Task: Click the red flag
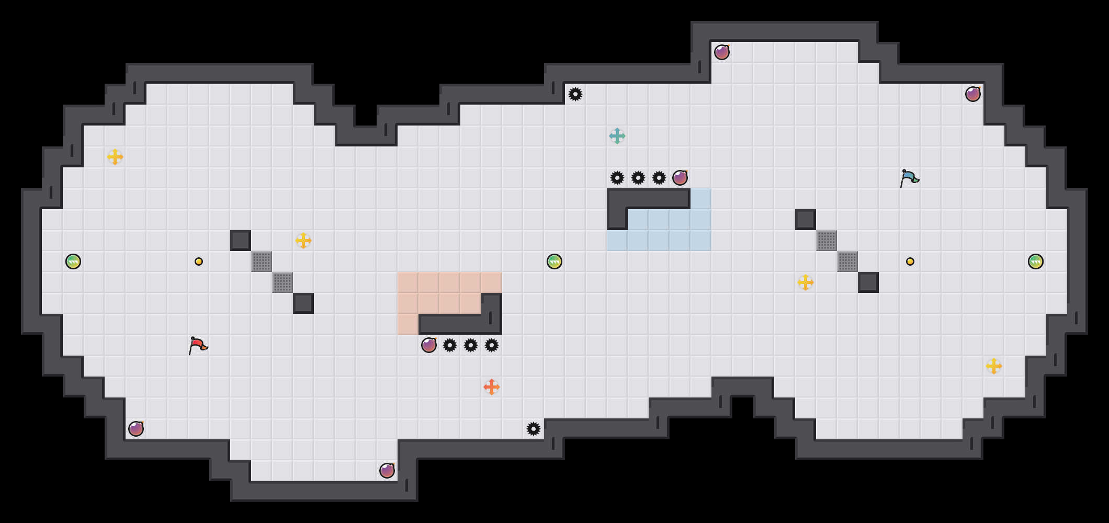coord(198,345)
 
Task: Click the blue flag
coord(909,178)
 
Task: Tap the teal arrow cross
coord(617,136)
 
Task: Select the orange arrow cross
coord(492,387)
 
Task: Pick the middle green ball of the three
coord(554,261)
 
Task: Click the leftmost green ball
coord(73,261)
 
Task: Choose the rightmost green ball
coord(1036,261)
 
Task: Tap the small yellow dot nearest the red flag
coord(199,261)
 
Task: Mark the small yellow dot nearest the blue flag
coord(910,261)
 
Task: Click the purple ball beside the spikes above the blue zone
coord(680,178)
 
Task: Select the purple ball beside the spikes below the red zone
coord(429,345)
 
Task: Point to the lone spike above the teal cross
coord(575,94)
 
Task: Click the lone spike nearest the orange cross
coord(534,429)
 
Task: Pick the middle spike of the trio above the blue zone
coord(638,178)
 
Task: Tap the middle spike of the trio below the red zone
coord(471,345)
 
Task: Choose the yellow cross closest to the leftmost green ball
coord(115,157)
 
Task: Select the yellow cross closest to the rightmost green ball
coord(994,366)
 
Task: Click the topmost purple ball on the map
coord(722,52)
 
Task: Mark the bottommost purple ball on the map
coord(387,471)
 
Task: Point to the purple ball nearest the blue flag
coord(973,94)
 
